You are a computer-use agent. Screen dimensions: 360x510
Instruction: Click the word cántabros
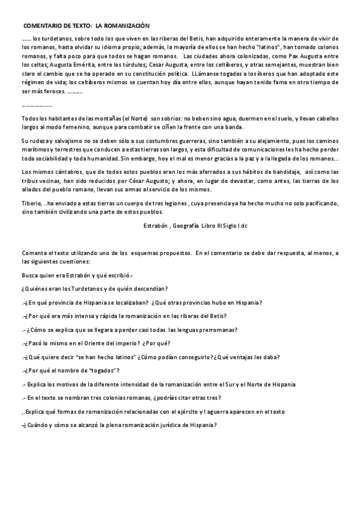tap(59, 171)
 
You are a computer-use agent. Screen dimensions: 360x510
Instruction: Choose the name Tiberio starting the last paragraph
tap(31, 203)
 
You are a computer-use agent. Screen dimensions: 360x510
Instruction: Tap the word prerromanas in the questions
tap(215, 329)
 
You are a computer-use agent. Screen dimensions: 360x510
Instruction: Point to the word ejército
tap(191, 411)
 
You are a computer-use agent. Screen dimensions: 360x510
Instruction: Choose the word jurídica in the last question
tap(167, 425)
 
